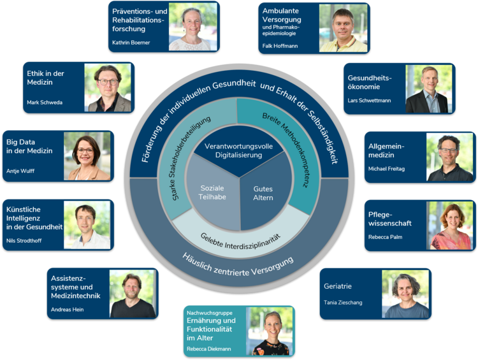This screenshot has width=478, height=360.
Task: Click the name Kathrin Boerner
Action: pyautogui.click(x=131, y=43)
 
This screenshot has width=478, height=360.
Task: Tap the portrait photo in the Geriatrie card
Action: pyautogui.click(x=405, y=294)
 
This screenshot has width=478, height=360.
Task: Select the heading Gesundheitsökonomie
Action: pyautogui.click(x=370, y=82)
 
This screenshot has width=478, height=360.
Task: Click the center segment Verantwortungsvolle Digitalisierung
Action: pyautogui.click(x=239, y=150)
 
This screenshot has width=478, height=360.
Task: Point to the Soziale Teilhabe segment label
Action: pyautogui.click(x=212, y=192)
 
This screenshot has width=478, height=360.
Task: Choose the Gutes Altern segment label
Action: pyautogui.click(x=263, y=193)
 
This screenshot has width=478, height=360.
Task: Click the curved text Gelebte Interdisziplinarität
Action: pyautogui.click(x=240, y=241)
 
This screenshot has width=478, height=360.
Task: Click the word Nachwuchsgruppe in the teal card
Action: pyautogui.click(x=210, y=313)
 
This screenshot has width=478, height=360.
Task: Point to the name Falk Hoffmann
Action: pyautogui.click(x=280, y=46)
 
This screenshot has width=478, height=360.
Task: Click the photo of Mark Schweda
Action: pyautogui.click(x=108, y=88)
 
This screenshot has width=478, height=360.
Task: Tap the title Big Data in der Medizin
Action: pyautogui.click(x=29, y=147)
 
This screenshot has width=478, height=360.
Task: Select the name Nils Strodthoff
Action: pyautogui.click(x=24, y=241)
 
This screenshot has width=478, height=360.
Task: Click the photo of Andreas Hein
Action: pyautogui.click(x=133, y=294)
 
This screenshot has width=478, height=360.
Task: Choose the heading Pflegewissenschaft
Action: pyautogui.click(x=389, y=219)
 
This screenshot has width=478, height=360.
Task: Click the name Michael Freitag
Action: pyautogui.click(x=386, y=169)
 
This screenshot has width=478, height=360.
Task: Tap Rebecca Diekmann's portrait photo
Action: pyautogui.click(x=270, y=331)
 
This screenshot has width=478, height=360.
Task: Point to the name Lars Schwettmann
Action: pyautogui.click(x=369, y=101)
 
